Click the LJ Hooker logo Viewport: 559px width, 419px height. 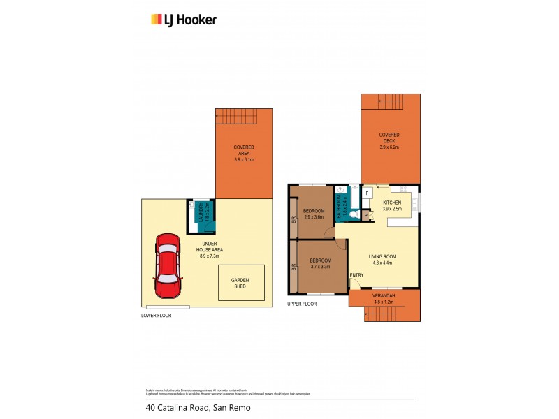(x=183, y=20)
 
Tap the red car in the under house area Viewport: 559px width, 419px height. (x=167, y=266)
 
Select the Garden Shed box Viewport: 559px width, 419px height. (x=241, y=283)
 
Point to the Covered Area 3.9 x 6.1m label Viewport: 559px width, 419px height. (x=243, y=153)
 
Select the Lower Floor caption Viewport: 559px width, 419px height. (x=156, y=316)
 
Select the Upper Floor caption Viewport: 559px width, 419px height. (x=302, y=304)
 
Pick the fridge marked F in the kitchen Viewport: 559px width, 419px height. (x=368, y=193)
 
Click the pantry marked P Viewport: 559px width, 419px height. (x=366, y=216)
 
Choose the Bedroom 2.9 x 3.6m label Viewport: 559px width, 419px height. (x=313, y=214)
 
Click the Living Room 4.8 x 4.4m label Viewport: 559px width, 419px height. (x=382, y=260)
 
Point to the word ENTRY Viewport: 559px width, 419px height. (x=356, y=274)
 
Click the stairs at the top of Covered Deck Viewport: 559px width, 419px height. (x=390, y=101)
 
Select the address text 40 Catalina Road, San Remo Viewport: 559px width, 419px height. (x=198, y=407)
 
